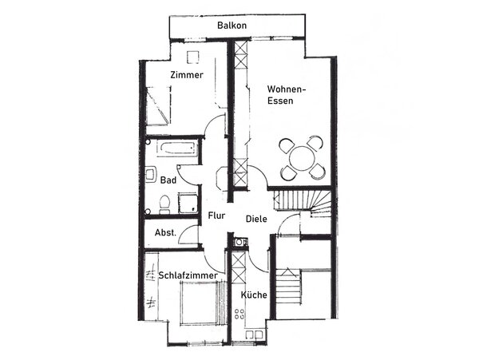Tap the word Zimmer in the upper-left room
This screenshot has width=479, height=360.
click(x=187, y=75)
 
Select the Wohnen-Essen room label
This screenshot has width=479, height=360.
click(x=287, y=96)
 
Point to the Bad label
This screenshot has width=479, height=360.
click(x=168, y=180)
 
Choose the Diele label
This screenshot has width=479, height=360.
click(x=256, y=219)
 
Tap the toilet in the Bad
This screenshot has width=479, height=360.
click(x=163, y=206)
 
